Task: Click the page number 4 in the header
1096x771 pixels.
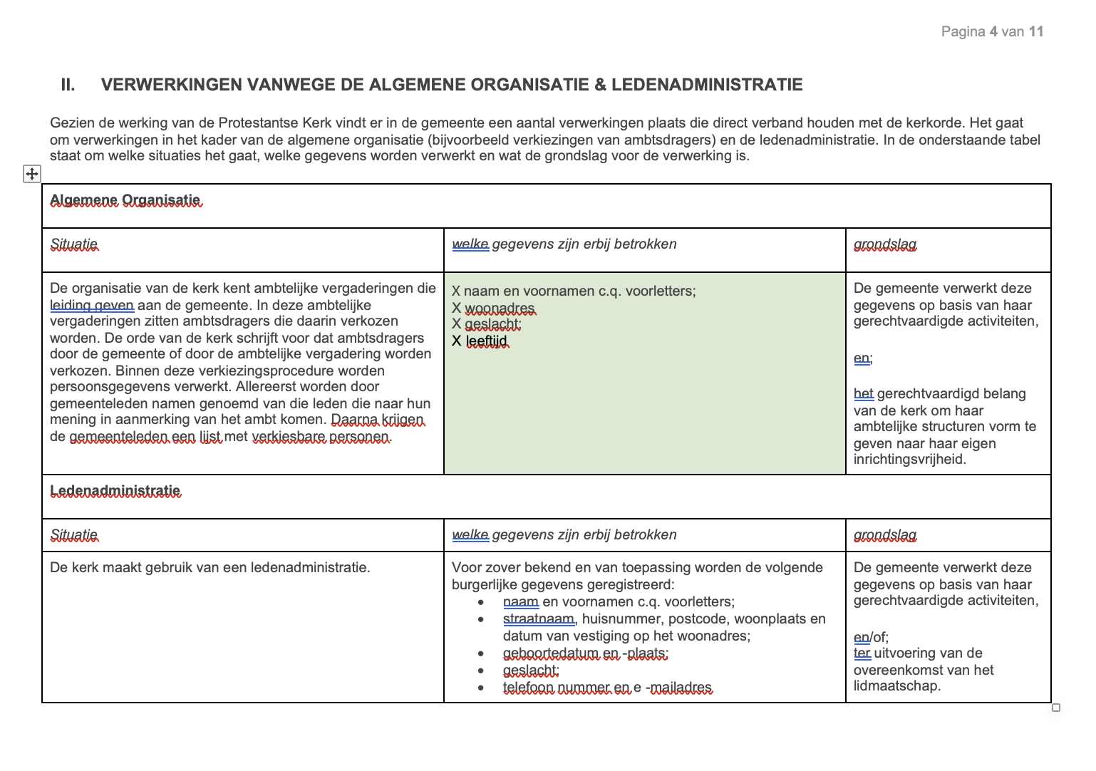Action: (x=993, y=31)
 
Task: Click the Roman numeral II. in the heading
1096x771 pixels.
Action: (x=68, y=85)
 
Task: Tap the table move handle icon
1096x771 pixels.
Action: (x=32, y=173)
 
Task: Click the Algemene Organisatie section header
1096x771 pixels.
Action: (x=125, y=200)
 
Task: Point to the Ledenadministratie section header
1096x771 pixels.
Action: (x=115, y=491)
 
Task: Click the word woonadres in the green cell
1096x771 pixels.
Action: (x=500, y=308)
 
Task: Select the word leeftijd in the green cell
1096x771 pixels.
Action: (x=487, y=341)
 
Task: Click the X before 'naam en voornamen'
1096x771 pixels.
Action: (x=456, y=291)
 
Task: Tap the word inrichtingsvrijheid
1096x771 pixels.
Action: (x=909, y=460)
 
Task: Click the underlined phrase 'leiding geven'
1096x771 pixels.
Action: (x=92, y=305)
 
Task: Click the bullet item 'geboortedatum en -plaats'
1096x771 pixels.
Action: (x=585, y=653)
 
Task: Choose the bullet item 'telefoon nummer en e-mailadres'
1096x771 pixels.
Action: (x=607, y=688)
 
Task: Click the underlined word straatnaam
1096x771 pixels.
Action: (x=538, y=619)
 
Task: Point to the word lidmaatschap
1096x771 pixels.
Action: (x=896, y=686)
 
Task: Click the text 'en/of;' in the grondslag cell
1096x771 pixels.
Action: (x=871, y=637)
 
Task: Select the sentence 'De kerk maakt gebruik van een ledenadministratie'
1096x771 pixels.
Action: (x=210, y=568)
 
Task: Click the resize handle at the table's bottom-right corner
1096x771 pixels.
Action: (x=1056, y=708)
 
